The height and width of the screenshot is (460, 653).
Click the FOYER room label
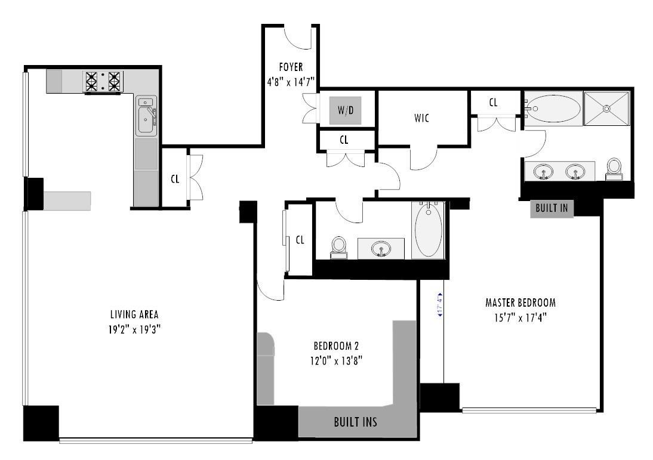pyautogui.click(x=291, y=67)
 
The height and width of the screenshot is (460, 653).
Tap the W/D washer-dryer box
pyautogui.click(x=346, y=110)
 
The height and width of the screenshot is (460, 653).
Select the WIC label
pyautogui.click(x=421, y=118)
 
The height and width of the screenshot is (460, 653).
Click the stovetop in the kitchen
pyautogui.click(x=104, y=81)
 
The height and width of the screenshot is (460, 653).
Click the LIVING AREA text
pyautogui.click(x=134, y=314)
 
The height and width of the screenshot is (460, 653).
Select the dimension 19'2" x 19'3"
pyautogui.click(x=134, y=328)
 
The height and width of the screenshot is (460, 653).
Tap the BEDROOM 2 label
pyautogui.click(x=336, y=346)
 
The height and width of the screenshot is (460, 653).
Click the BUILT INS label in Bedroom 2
pyautogui.click(x=355, y=422)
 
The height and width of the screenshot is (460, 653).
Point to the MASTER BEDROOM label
pyautogui.click(x=520, y=302)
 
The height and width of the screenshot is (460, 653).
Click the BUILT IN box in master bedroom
pyautogui.click(x=552, y=208)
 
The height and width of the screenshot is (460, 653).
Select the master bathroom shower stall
pyautogui.click(x=606, y=109)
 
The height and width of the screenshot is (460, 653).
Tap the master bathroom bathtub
pyautogui.click(x=553, y=109)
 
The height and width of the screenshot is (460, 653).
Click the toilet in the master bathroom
pyautogui.click(x=614, y=168)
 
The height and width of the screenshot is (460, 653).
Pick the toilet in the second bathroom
pyautogui.click(x=339, y=247)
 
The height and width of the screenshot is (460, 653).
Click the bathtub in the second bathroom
pyautogui.click(x=429, y=231)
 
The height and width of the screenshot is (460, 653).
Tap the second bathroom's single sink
pyautogui.click(x=381, y=248)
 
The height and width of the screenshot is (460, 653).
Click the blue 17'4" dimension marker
pyautogui.click(x=440, y=304)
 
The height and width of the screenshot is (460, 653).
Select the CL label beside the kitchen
pyautogui.click(x=175, y=179)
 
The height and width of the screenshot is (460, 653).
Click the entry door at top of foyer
pyautogui.click(x=297, y=37)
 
